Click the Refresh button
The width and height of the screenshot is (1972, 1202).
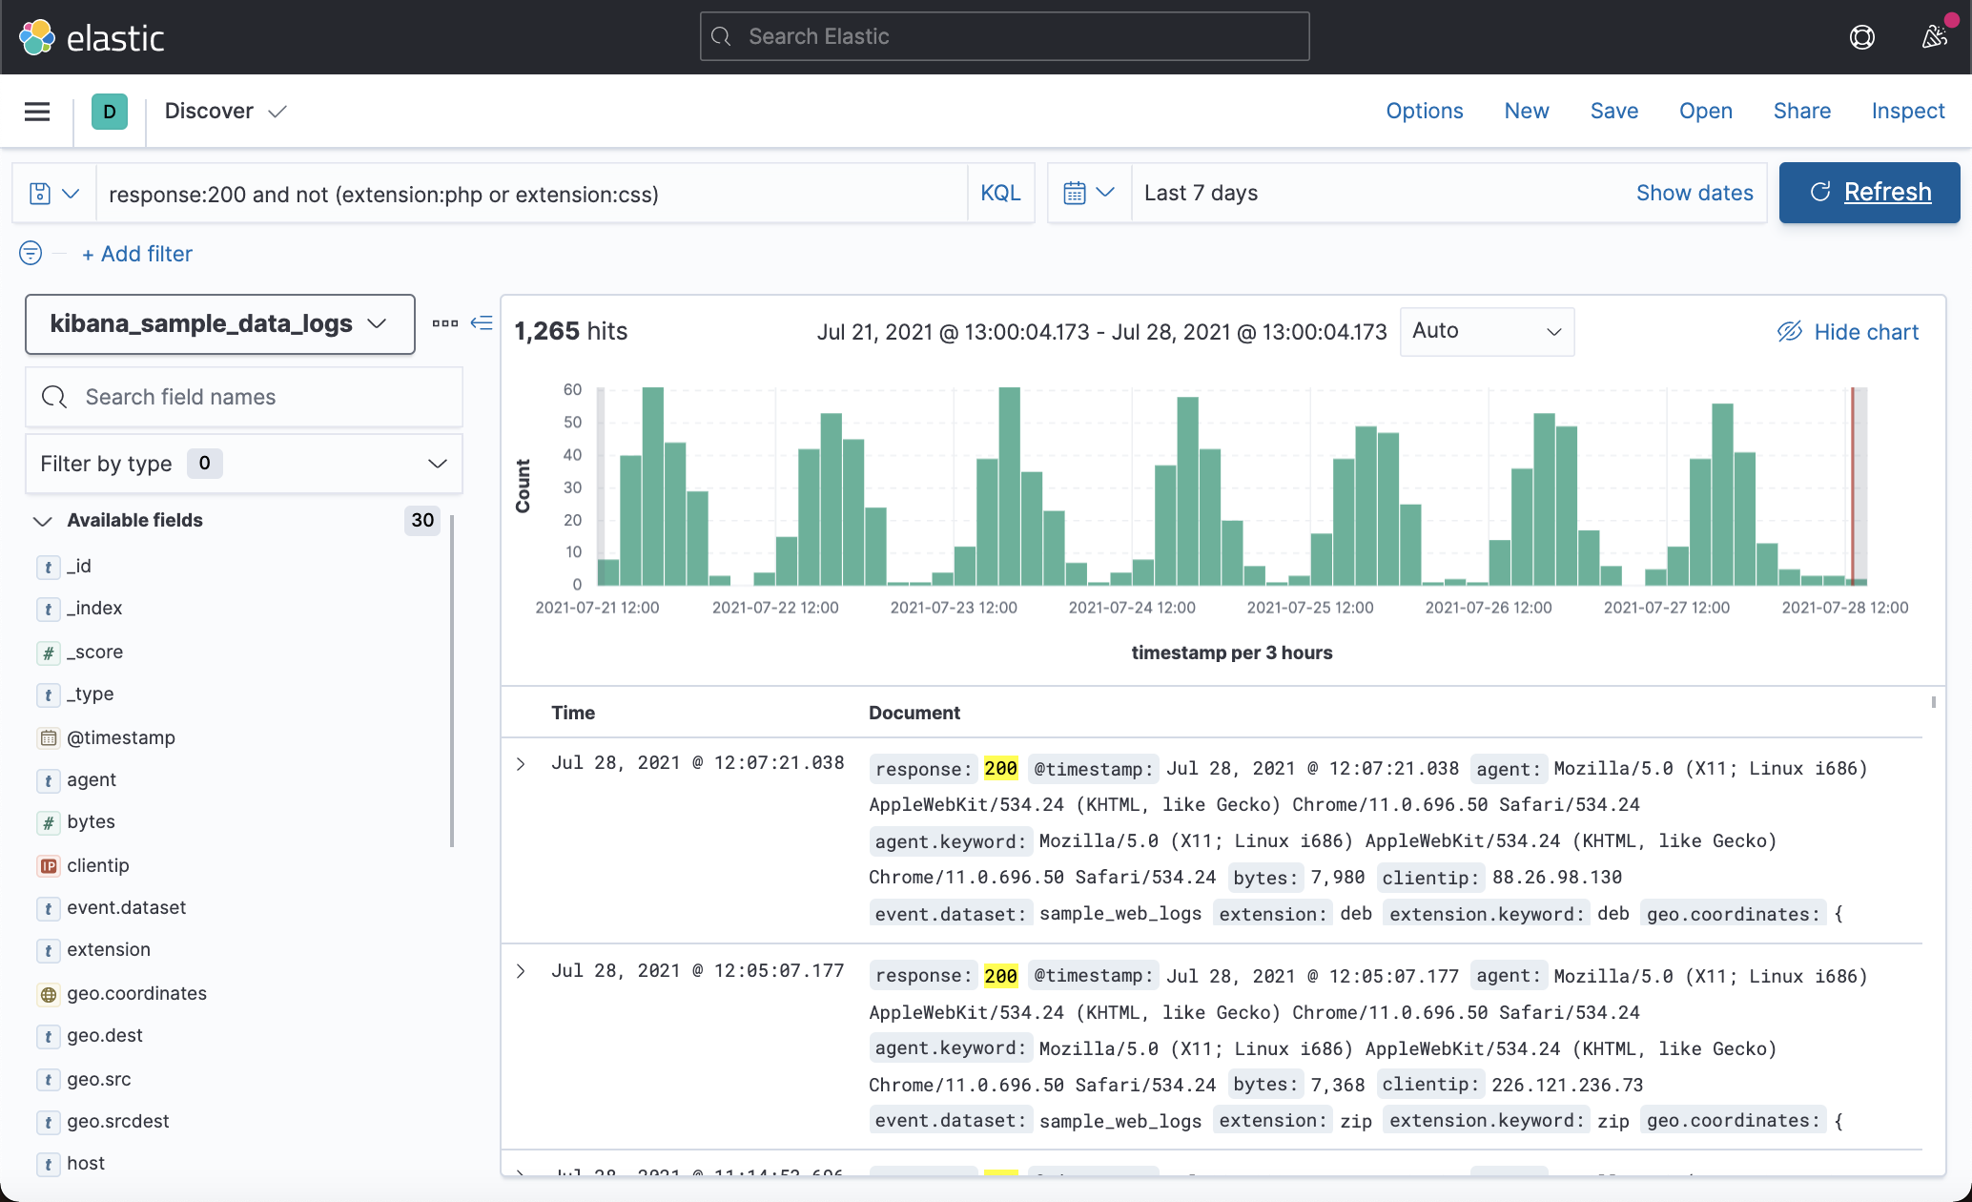(x=1869, y=193)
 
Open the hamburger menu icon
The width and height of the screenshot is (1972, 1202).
(x=37, y=112)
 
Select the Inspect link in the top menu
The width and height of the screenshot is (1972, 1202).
(x=1907, y=111)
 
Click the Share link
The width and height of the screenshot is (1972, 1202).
(x=1801, y=111)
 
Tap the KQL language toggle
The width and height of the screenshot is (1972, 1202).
(x=1000, y=193)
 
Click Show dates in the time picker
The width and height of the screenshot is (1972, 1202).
(x=1694, y=193)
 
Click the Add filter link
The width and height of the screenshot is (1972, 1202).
(x=137, y=254)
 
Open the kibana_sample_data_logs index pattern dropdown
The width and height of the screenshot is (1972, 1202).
(x=219, y=324)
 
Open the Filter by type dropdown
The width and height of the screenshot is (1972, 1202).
(x=244, y=464)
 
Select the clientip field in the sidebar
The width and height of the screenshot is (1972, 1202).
(x=98, y=865)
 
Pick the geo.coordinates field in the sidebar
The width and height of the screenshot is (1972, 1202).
(x=136, y=993)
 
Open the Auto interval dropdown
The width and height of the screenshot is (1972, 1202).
(x=1486, y=331)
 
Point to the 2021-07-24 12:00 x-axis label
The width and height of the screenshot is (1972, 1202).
(x=1131, y=608)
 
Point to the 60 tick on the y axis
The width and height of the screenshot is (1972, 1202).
(x=572, y=389)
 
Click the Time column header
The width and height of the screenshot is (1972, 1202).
(x=573, y=713)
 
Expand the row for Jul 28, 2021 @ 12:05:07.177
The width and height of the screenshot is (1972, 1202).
(x=521, y=971)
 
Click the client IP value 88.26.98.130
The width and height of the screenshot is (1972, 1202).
(x=1556, y=877)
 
